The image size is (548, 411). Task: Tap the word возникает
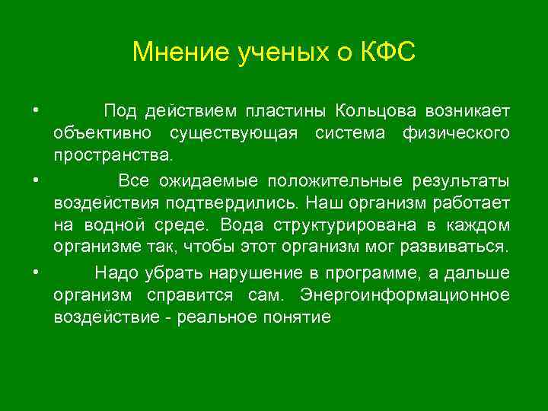[467, 112]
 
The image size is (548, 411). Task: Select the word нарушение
[266, 273]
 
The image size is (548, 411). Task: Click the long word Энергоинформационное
[405, 295]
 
